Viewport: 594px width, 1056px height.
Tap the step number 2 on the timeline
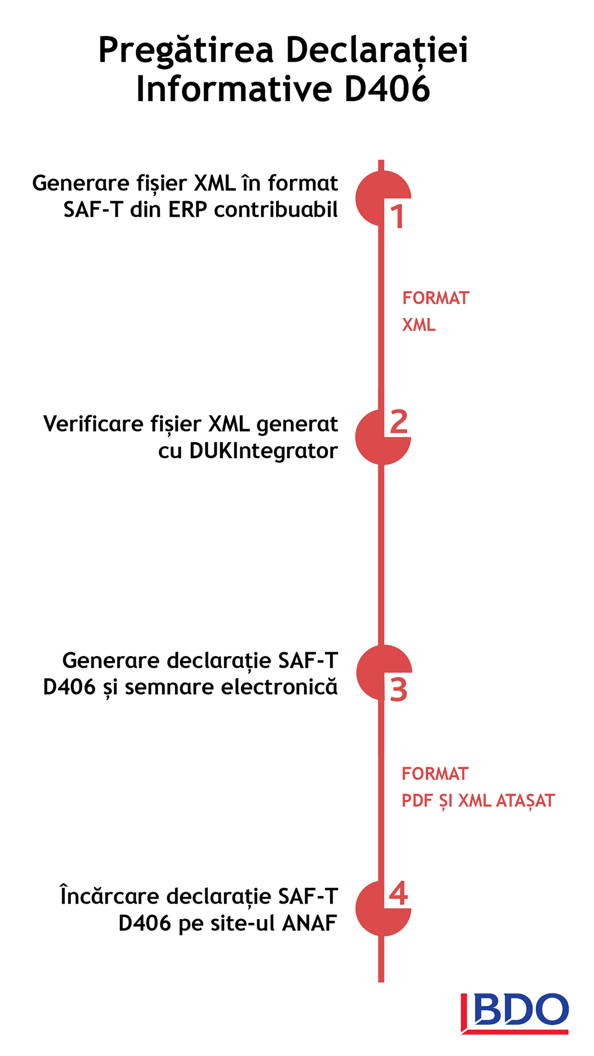pyautogui.click(x=399, y=422)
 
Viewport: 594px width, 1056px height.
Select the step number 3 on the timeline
pyautogui.click(x=399, y=690)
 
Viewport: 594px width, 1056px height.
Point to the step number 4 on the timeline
pyautogui.click(x=399, y=894)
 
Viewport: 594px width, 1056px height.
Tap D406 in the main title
pyautogui.click(x=387, y=89)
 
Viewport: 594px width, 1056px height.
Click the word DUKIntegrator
pyautogui.click(x=263, y=451)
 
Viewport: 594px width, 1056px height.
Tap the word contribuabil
pyautogui.click(x=276, y=209)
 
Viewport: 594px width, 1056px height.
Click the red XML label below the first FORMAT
pyautogui.click(x=419, y=325)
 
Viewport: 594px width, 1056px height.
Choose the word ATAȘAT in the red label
pyautogui.click(x=526, y=801)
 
